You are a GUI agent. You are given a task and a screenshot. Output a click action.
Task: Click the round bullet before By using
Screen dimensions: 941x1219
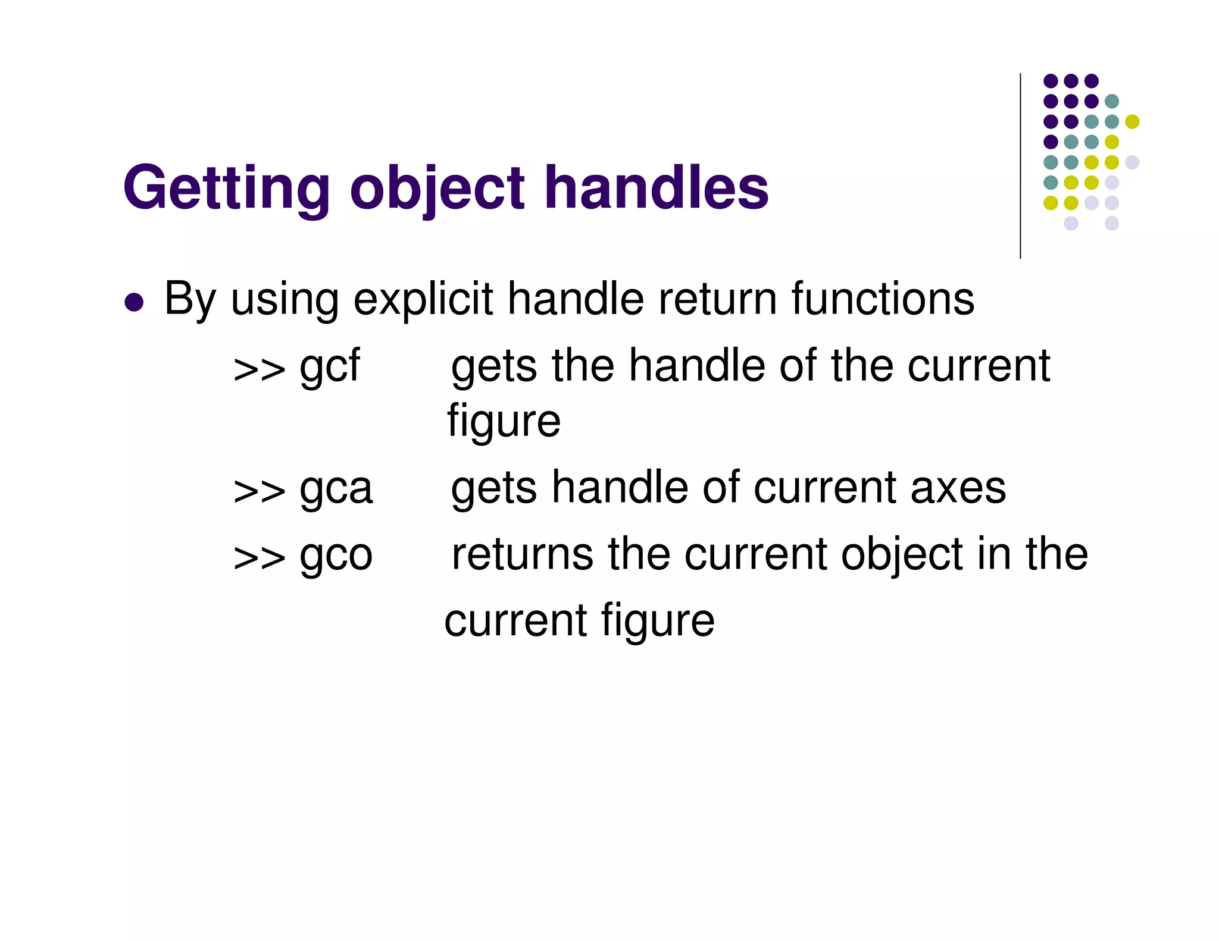click(135, 302)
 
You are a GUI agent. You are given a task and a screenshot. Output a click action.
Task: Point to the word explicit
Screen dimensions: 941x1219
click(423, 299)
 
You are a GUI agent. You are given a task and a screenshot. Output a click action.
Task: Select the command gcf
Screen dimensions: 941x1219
click(330, 367)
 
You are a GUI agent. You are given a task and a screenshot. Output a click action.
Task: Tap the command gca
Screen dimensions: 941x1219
click(336, 490)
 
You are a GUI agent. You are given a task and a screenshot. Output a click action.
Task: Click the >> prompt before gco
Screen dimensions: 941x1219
click(259, 558)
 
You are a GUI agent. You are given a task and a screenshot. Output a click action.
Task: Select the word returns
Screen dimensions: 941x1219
click(522, 554)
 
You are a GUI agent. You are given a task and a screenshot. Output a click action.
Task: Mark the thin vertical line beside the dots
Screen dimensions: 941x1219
click(1020, 167)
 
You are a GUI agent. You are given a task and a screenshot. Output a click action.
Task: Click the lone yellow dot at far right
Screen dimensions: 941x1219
click(1132, 121)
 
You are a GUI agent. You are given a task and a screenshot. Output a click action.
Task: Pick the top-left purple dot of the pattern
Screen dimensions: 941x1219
click(1051, 81)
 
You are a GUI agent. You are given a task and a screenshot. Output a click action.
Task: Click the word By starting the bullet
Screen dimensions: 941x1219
click(190, 299)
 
